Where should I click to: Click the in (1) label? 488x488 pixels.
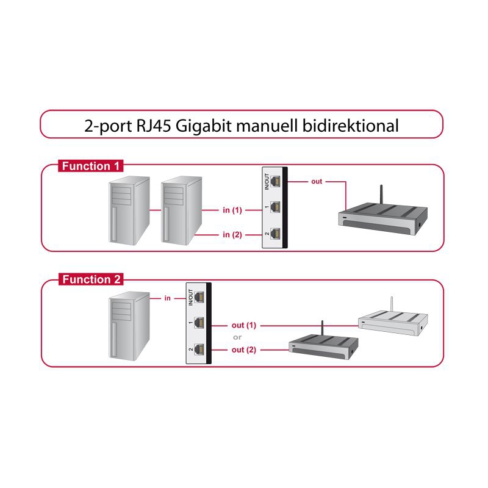click(x=232, y=210)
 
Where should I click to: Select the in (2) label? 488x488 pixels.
click(x=232, y=234)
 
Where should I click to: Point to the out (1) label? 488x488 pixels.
click(x=244, y=325)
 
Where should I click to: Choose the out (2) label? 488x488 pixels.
click(x=244, y=350)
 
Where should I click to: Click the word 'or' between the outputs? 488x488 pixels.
click(x=238, y=337)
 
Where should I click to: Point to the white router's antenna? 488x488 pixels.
click(x=390, y=305)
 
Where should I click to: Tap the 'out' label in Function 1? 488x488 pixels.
click(x=317, y=182)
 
